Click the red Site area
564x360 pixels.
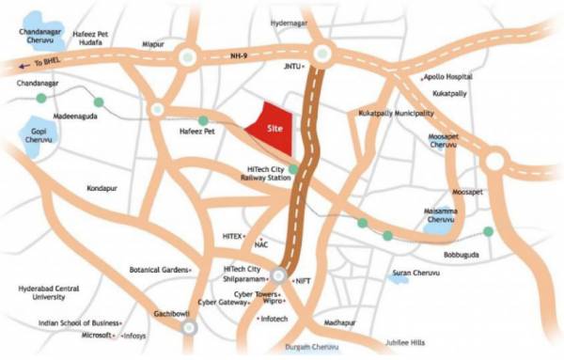pos(273,128)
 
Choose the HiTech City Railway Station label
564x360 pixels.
pos(260,174)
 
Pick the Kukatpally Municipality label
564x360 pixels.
pos(396,113)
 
